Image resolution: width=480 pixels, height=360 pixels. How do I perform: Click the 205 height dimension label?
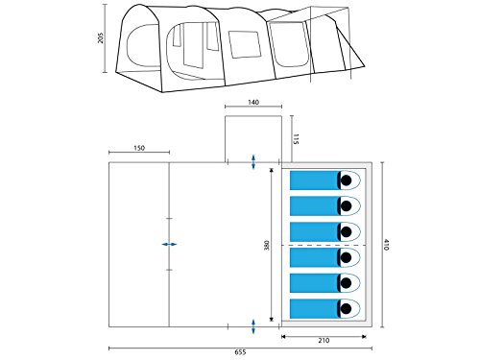point(101,37)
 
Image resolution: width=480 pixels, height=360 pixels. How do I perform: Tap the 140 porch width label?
point(253,102)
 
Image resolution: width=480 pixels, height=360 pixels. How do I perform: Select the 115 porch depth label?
point(296,139)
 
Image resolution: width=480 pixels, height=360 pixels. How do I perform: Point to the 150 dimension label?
point(139,148)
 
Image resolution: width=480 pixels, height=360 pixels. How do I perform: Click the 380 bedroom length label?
point(267,245)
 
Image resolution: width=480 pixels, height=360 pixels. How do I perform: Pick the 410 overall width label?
point(386,245)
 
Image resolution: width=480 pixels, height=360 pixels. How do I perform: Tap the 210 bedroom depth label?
point(324,340)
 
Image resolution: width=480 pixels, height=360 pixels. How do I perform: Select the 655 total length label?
point(240,352)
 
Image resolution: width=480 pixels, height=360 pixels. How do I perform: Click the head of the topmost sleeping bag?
point(347,180)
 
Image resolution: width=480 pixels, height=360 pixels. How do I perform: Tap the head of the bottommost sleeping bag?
point(347,309)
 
